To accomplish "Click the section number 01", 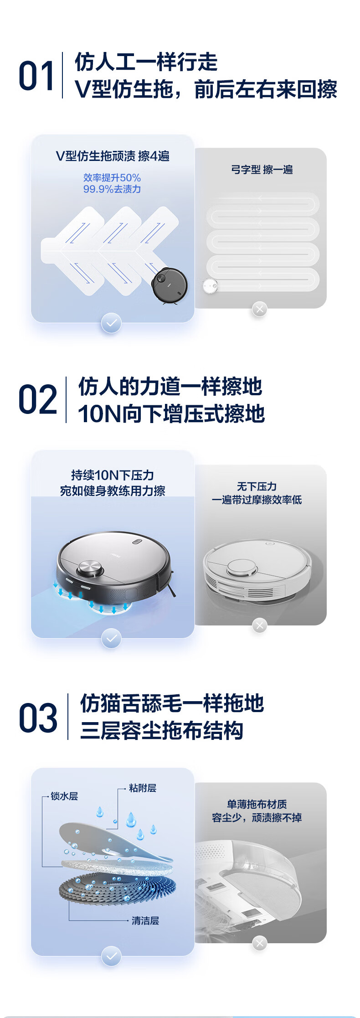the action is point(36,76).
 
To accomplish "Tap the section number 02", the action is point(38,399).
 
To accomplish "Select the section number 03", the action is point(38,718).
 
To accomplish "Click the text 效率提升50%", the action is point(112,178).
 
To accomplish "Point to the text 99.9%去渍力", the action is point(112,189).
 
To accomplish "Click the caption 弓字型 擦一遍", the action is point(262,170).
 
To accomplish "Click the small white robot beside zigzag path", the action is point(210,286).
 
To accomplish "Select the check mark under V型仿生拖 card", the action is point(111,323).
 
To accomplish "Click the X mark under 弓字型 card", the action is point(260,309).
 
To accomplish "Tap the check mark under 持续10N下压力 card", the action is point(111,638).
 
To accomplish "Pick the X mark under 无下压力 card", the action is point(260,625).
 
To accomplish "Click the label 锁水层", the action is point(64,796).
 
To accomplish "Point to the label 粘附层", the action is point(143,788).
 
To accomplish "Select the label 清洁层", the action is point(145,920).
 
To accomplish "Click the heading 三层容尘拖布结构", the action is point(162,730).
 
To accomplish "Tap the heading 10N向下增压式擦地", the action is point(171,413).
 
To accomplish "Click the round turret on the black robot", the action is point(90,568).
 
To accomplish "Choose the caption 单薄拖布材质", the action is point(257,804).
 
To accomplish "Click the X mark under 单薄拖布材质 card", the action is point(260,943).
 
